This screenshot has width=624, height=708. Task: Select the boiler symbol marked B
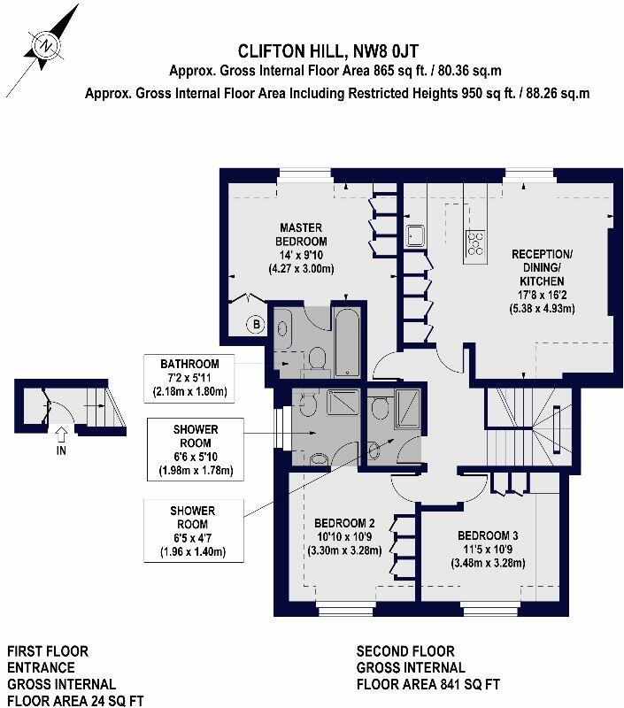point(257,324)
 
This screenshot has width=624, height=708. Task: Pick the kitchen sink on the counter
point(416,236)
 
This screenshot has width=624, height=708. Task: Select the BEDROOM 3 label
point(489,535)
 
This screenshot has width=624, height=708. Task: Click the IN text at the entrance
point(60,449)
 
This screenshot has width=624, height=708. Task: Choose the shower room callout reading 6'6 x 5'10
point(192,450)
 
